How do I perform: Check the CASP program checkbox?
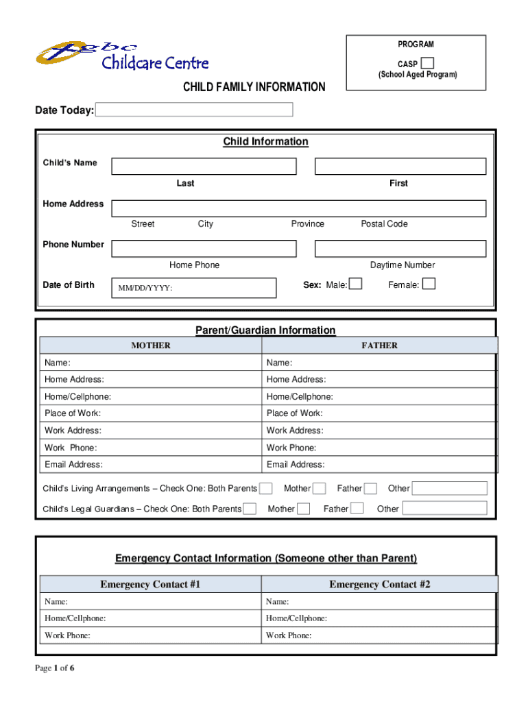pyautogui.click(x=427, y=63)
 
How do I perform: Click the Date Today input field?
pyautogui.click(x=194, y=110)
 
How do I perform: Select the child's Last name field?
pyautogui.click(x=204, y=167)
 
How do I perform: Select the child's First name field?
pyautogui.click(x=400, y=167)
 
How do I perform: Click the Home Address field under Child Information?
pyautogui.click(x=298, y=208)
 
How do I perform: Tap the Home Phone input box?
pyautogui.click(x=204, y=249)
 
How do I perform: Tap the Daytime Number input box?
pyautogui.click(x=400, y=249)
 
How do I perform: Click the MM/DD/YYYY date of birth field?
pyautogui.click(x=194, y=288)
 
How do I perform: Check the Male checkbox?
pyautogui.click(x=355, y=284)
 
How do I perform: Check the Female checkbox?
pyautogui.click(x=429, y=284)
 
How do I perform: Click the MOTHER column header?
pyautogui.click(x=151, y=346)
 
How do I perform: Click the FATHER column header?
pyautogui.click(x=379, y=346)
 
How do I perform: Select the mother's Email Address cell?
pyautogui.click(x=151, y=465)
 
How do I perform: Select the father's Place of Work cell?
pyautogui.click(x=379, y=413)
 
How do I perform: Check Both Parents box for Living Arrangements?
pyautogui.click(x=266, y=489)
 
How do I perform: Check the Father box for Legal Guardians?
pyautogui.click(x=357, y=509)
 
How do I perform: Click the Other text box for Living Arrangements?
pyautogui.click(x=449, y=489)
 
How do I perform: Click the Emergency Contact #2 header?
pyautogui.click(x=379, y=584)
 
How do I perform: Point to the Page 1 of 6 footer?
pyautogui.click(x=55, y=669)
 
